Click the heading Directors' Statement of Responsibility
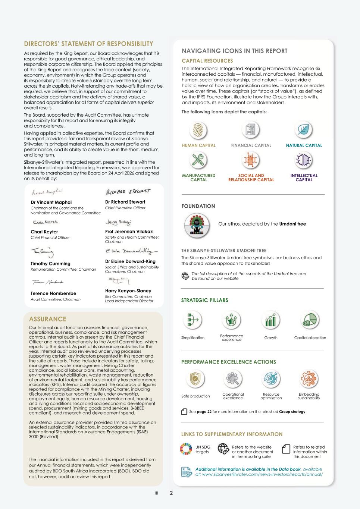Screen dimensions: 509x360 click(88, 44)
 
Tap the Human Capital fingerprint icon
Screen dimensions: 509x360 click(198, 130)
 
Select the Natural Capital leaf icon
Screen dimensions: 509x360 click(303, 130)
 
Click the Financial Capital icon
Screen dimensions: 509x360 click(251, 130)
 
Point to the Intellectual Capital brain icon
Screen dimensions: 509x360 click(303, 160)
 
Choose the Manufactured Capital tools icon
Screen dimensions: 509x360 click(198, 160)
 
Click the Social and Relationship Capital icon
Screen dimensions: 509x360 click(251, 160)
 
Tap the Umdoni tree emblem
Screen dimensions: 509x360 click(197, 225)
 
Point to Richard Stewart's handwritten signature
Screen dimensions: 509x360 click(128, 192)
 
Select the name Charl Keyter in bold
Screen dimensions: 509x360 click(44, 232)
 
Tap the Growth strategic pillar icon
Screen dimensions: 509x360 click(270, 320)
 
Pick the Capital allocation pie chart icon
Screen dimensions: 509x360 click(310, 320)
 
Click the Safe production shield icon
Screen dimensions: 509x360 click(195, 379)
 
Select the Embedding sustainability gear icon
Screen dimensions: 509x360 click(309, 379)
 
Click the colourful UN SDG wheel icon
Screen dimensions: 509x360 click(186, 449)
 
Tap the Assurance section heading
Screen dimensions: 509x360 click(47, 319)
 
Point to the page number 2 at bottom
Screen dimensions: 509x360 click(171, 493)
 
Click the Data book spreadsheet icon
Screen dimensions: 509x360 click(186, 472)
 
